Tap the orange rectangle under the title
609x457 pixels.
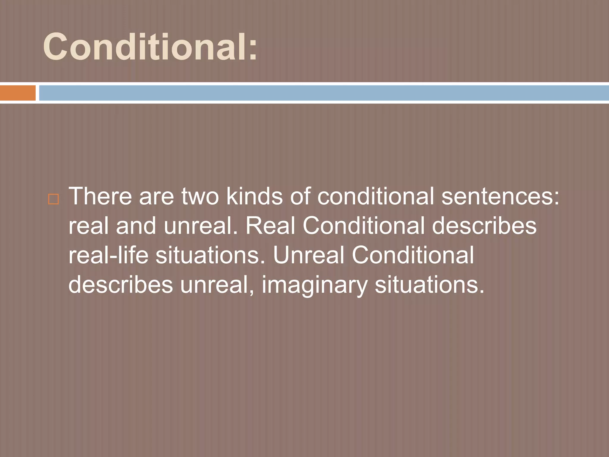(18, 93)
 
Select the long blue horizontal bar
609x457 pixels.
(324, 93)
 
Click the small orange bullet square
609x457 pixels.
(53, 199)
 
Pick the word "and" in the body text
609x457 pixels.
(136, 226)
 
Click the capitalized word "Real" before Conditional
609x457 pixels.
(270, 226)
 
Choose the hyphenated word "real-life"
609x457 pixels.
(108, 255)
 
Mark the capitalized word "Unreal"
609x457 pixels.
(308, 255)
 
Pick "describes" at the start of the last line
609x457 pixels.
(121, 285)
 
